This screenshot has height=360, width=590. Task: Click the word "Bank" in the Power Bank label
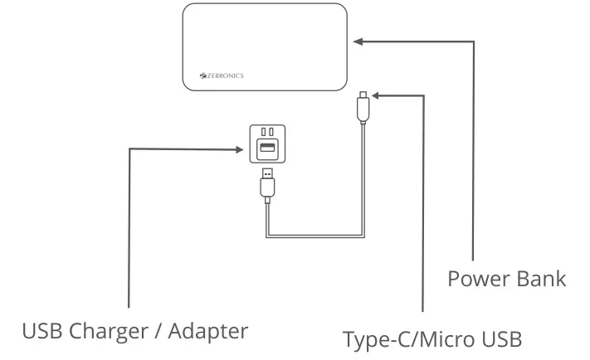click(542, 279)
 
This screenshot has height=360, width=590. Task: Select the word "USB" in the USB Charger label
click(41, 330)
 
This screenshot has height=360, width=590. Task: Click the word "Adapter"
click(207, 331)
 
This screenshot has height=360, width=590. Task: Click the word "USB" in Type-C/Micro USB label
click(497, 339)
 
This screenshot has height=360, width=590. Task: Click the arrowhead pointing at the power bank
click(356, 41)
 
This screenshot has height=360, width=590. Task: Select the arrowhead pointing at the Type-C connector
click(373, 96)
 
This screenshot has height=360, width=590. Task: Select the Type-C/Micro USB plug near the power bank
click(363, 105)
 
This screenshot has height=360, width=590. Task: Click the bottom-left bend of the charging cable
click(268, 236)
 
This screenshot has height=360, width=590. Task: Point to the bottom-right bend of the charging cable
click(363, 236)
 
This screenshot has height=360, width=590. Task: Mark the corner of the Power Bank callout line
click(474, 41)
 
